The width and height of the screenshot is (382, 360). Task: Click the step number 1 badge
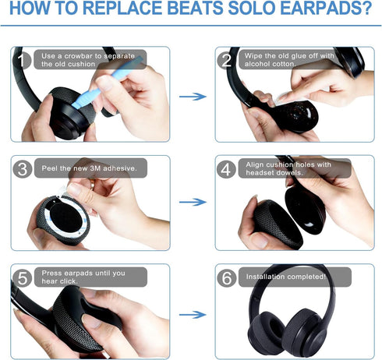tap(23, 60)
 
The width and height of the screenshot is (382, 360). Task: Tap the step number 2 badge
tap(227, 60)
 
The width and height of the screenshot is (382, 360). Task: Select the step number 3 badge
tap(23, 168)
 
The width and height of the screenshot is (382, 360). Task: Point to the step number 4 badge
tap(227, 168)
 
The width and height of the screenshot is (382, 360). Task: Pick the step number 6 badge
tap(227, 277)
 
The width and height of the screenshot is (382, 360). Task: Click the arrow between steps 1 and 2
tap(192, 97)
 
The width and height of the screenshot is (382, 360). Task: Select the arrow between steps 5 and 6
tap(192, 315)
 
